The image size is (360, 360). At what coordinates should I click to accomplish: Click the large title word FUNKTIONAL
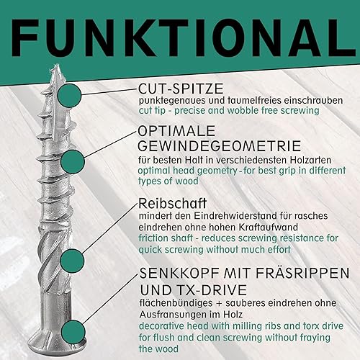pos(183,38)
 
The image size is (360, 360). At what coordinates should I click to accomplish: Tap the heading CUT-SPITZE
pos(181,89)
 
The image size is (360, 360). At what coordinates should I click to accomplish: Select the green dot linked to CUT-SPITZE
pos(69,96)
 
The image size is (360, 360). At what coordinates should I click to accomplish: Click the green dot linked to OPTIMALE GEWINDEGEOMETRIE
pos(73,161)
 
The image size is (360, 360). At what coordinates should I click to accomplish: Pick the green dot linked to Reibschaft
pos(72,261)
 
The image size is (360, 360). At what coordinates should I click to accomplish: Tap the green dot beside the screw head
pos(73,332)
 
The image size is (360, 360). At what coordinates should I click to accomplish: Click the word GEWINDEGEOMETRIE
pos(220,146)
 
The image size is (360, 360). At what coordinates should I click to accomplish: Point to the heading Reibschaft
pos(172,203)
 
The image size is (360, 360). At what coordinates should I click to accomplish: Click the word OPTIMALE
pos(177,131)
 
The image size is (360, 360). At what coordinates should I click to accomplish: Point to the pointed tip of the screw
pos(57,64)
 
